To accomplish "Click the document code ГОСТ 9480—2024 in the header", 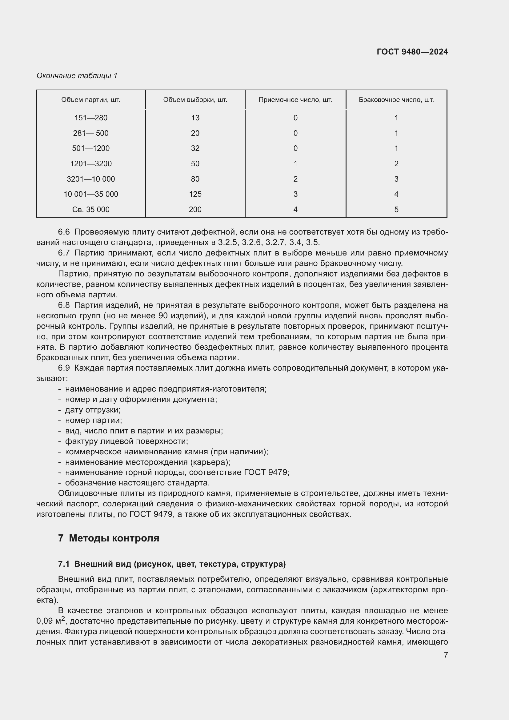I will pyautogui.click(x=412, y=52).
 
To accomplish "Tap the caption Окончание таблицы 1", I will pyautogui.click(x=77, y=76).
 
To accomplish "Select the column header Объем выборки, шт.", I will pyautogui.click(x=195, y=100).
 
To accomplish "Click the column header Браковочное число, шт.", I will pyautogui.click(x=396, y=100).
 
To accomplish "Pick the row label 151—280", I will pyautogui.click(x=90, y=118).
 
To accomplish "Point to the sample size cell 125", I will pyautogui.click(x=195, y=194).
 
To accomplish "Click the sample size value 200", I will pyautogui.click(x=195, y=210).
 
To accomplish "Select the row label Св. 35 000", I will pyautogui.click(x=90, y=210).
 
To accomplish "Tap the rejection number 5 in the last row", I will pyautogui.click(x=396, y=210).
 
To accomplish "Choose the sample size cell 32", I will pyautogui.click(x=195, y=148).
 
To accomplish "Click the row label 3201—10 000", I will pyautogui.click(x=90, y=179).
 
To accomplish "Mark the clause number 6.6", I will pyautogui.click(x=64, y=232).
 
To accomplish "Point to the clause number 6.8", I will pyautogui.click(x=64, y=305).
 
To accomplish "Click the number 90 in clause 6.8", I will pyautogui.click(x=163, y=316).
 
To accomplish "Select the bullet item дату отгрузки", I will pyautogui.click(x=92, y=410).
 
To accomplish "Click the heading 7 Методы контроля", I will pyautogui.click(x=108, y=538).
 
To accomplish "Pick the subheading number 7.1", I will pyautogui.click(x=64, y=564).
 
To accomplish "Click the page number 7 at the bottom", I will pyautogui.click(x=446, y=655).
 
